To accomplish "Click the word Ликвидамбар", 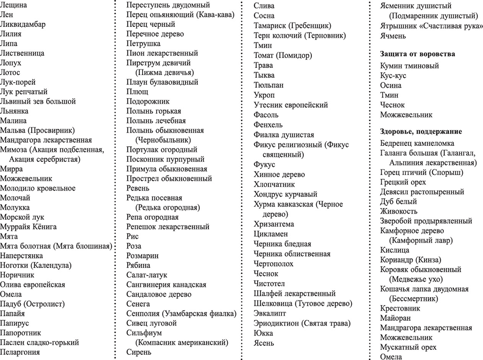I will point(23,24).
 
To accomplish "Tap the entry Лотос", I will point(10,73).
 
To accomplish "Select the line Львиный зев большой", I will point(38,101).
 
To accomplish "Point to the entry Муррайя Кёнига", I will point(28,227).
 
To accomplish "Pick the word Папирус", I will point(15,323).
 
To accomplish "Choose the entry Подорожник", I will point(148,101).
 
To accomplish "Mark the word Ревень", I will point(138,188).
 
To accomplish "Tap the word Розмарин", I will point(142,256).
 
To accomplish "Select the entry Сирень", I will point(138,352).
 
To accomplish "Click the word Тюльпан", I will point(268,85).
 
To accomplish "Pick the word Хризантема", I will point(274,224).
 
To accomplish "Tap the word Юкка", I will point(263,333).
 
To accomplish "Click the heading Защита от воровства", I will point(417,54).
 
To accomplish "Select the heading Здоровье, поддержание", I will point(421,131).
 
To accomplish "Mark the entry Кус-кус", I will point(393,75).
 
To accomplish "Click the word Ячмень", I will point(392,35).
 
